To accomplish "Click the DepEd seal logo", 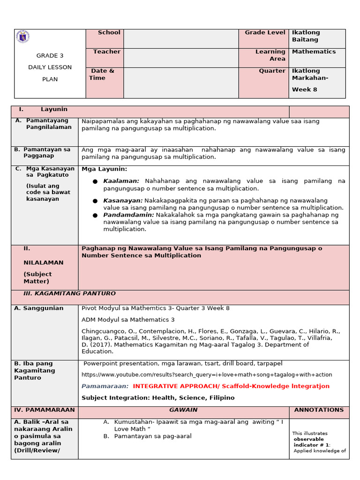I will tap(22, 37).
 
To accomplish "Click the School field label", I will tap(109, 32).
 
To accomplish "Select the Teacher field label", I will tap(106, 52).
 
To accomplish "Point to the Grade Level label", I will tap(265, 32).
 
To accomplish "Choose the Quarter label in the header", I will tap(272, 71).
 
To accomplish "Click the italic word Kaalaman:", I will tap(121, 181).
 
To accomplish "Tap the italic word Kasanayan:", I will tap(123, 200).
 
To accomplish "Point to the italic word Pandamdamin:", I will tap(128, 215).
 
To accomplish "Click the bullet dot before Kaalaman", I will tap(95, 181).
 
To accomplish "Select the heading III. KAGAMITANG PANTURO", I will tap(69, 293).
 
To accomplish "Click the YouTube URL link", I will tap(207, 375).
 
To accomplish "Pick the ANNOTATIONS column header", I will tap(319, 410).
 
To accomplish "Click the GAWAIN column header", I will tap(183, 410).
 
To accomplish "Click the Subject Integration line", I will tap(158, 398).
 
